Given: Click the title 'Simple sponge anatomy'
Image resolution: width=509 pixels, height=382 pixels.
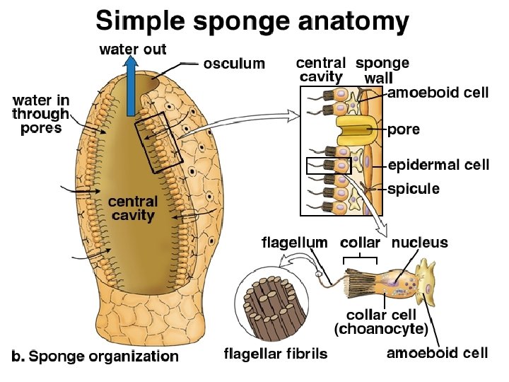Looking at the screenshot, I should point(252,21).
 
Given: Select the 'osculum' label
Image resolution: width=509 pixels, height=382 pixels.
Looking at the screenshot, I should point(234,64).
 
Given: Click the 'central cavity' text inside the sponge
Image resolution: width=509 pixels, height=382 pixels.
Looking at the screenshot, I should point(132,208).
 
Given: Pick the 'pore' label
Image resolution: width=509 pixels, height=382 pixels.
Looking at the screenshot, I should point(404,129).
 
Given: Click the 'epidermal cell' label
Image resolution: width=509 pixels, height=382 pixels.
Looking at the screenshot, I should point(438,165).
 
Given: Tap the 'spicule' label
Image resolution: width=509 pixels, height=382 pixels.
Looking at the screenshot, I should point(414,189).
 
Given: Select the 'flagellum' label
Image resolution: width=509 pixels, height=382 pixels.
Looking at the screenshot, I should point(294,243).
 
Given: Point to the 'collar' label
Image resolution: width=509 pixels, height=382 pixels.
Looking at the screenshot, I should point(360,243).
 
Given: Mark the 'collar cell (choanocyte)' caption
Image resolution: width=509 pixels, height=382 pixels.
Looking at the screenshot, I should point(381,322).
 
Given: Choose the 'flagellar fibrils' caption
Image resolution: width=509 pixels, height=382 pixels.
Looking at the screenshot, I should point(276,353).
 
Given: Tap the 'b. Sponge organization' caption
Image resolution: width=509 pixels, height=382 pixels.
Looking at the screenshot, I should point(96,356).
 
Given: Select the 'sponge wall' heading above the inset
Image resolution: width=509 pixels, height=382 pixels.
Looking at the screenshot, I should point(382,69).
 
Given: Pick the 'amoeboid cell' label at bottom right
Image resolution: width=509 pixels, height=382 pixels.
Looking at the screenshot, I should point(437,352).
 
